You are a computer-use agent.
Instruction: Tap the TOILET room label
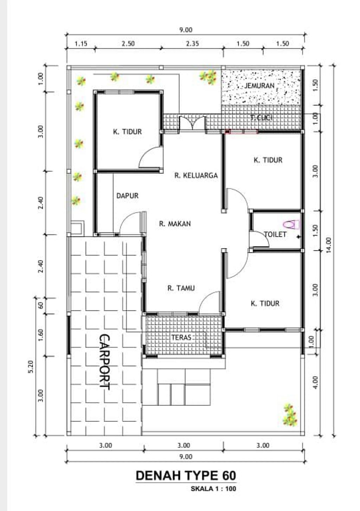[275, 234]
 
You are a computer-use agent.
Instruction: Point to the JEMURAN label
[259, 86]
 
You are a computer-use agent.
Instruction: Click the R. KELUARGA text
[196, 175]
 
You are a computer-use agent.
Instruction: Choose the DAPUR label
[127, 196]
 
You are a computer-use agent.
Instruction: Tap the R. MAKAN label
[175, 224]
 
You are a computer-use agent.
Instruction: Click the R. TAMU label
[181, 288]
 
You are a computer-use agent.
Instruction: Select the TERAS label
[181, 337]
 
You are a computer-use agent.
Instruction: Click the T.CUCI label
[261, 118]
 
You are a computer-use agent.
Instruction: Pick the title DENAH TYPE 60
[186, 475]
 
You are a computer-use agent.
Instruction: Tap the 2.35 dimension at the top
[192, 43]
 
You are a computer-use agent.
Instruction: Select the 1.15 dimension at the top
[81, 43]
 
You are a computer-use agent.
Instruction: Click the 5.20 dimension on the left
[31, 366]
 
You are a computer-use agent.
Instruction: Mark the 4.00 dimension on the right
[315, 383]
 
